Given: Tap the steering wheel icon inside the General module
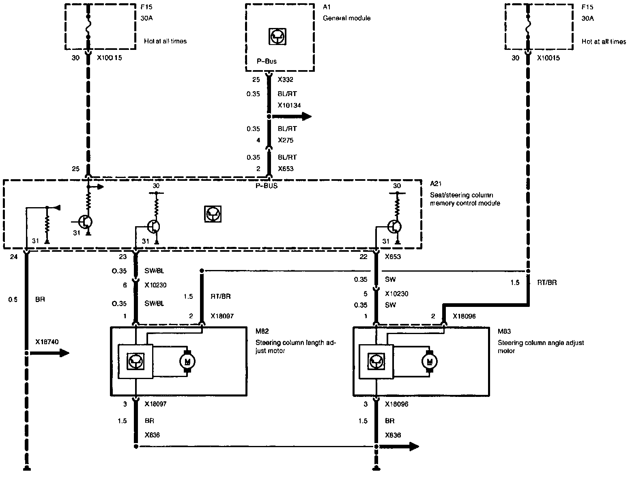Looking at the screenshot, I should tap(278, 36).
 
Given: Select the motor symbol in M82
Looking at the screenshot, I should tap(187, 360).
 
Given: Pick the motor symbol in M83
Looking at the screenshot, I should tap(429, 360).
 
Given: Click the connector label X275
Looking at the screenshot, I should tap(286, 140).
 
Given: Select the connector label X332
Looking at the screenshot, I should tap(286, 79).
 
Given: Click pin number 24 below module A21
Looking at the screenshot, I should tap(14, 257).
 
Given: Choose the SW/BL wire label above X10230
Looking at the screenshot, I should tap(154, 271).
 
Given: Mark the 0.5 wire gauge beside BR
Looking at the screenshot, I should tap(13, 300).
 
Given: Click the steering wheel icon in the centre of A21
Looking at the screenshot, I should tap(213, 214).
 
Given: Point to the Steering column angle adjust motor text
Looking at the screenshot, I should tap(540, 347).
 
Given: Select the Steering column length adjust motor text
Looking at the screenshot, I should tap(296, 347).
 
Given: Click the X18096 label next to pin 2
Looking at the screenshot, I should tap(465, 316).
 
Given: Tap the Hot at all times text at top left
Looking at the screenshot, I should tap(165, 41).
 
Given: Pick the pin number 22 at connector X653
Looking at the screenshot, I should tap(363, 257).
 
